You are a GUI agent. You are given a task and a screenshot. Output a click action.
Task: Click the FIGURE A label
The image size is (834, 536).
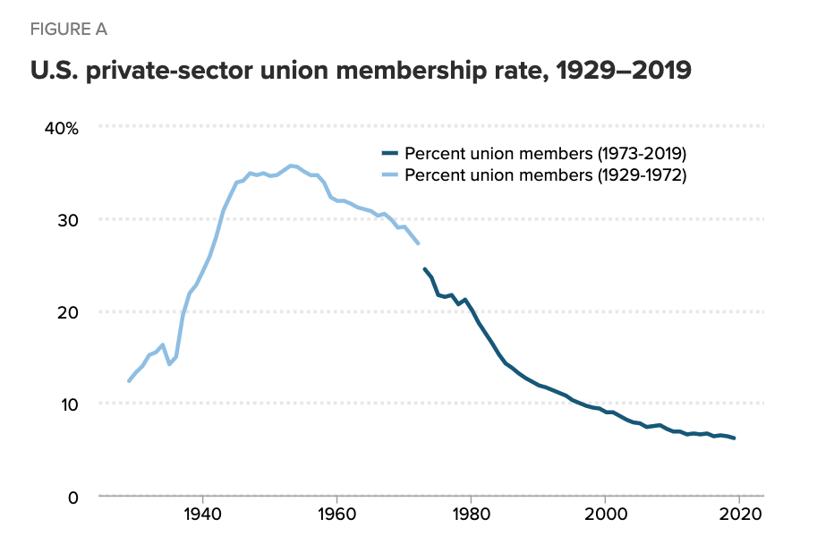69,30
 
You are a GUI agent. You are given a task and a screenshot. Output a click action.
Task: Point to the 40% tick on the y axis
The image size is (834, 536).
62,128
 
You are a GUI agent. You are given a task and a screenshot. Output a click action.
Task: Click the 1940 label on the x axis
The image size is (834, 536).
203,515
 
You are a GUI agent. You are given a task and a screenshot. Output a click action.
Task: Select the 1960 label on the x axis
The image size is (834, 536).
337,515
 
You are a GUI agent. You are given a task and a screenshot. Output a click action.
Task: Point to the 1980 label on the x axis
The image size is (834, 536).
472,515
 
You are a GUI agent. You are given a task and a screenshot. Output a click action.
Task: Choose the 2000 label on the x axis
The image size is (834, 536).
606,515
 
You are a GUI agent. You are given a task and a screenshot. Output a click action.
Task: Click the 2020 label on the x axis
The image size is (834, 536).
740,515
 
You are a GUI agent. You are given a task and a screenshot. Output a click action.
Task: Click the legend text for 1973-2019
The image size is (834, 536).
545,152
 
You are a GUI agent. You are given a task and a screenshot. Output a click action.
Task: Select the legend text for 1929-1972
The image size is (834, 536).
545,175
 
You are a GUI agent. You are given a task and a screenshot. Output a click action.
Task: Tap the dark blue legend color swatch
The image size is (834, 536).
389,153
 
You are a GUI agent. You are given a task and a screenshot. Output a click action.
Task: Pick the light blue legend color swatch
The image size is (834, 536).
389,176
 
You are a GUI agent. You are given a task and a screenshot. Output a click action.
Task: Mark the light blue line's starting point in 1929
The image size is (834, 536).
129,381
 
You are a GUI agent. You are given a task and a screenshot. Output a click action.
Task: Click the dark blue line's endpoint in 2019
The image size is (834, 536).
735,438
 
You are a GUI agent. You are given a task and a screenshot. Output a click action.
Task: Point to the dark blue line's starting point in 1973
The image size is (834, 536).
424,268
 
